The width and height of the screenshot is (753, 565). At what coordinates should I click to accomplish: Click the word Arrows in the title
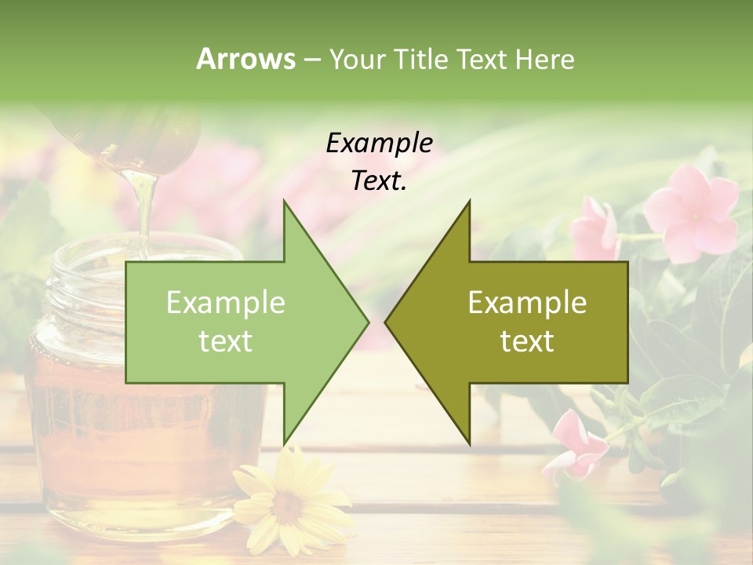[x=246, y=59]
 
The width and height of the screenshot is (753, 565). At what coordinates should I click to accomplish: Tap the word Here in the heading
[x=545, y=59]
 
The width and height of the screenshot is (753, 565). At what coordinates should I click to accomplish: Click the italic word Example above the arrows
[x=380, y=144]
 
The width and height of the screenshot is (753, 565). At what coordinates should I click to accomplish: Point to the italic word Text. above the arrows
[x=380, y=180]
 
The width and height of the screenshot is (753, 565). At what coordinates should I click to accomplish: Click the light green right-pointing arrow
[x=235, y=323]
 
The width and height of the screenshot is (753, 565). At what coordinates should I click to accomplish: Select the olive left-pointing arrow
[x=518, y=323]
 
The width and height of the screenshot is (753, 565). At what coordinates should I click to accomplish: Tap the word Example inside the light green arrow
[x=226, y=303]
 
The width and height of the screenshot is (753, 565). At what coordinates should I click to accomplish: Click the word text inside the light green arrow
[x=226, y=341]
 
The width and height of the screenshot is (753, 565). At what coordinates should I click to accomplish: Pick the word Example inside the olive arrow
[x=527, y=303]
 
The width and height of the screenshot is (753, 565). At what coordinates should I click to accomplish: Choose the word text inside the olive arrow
[x=527, y=341]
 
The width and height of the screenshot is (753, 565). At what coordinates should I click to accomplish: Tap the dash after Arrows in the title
[x=311, y=59]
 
